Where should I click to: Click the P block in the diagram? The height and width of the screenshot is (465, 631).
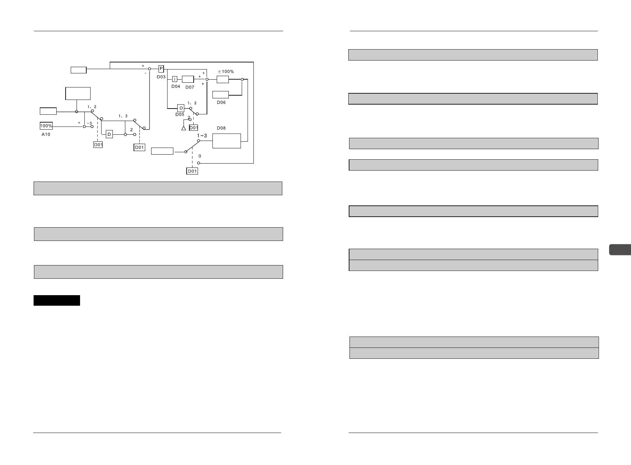pyautogui.click(x=161, y=69)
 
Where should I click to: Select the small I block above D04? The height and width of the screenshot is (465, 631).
pyautogui.click(x=175, y=79)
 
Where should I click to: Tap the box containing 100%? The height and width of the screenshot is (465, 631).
pyautogui.click(x=46, y=126)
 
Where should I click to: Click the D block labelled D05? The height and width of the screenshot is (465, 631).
pyautogui.click(x=181, y=108)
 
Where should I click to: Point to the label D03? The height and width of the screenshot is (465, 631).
pyautogui.click(x=161, y=77)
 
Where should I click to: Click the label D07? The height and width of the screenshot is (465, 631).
pyautogui.click(x=190, y=87)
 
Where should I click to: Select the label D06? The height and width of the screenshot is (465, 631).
pyautogui.click(x=221, y=102)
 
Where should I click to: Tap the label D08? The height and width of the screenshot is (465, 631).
pyautogui.click(x=221, y=128)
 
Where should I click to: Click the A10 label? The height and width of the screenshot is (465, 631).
pyautogui.click(x=46, y=134)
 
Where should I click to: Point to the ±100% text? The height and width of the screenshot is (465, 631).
pyautogui.click(x=226, y=72)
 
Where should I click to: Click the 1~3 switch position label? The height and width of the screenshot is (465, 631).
pyautogui.click(x=202, y=135)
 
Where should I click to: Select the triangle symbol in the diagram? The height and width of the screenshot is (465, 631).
pyautogui.click(x=184, y=128)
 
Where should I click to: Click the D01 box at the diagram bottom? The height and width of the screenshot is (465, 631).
pyautogui.click(x=192, y=171)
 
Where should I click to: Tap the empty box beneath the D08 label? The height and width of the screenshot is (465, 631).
pyautogui.click(x=226, y=141)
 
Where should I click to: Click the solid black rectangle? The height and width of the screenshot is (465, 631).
pyautogui.click(x=57, y=300)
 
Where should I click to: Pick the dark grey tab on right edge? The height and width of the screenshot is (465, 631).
pyautogui.click(x=620, y=249)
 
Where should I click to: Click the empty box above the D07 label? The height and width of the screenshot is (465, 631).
pyautogui.click(x=188, y=79)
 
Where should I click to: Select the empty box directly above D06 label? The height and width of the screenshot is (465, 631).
pyautogui.click(x=221, y=94)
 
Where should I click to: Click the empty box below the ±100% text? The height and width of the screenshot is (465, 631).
pyautogui.click(x=223, y=79)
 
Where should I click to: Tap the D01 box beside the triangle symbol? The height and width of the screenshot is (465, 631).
pyautogui.click(x=194, y=128)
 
